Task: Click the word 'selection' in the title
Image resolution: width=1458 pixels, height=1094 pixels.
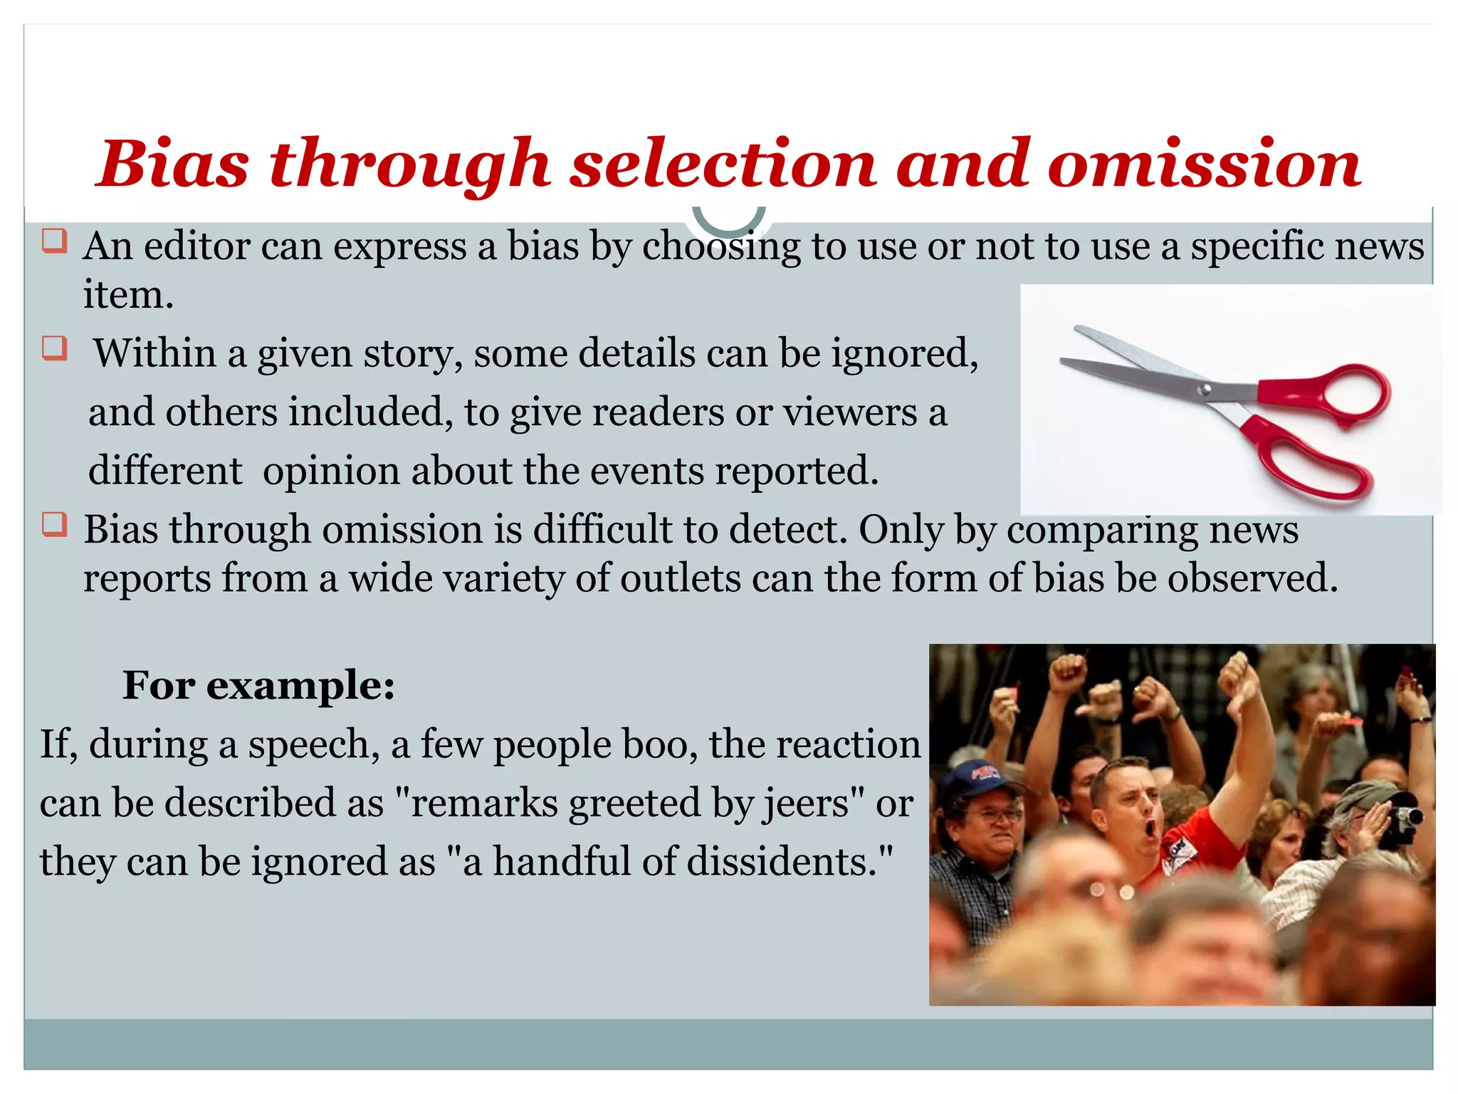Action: click(x=723, y=165)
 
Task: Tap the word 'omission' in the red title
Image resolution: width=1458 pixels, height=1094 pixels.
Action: click(x=1204, y=165)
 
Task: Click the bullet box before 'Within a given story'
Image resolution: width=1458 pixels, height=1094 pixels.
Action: click(x=54, y=348)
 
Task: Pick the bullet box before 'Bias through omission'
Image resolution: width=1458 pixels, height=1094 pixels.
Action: click(x=54, y=524)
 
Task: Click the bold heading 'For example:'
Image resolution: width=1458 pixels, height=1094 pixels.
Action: click(x=258, y=686)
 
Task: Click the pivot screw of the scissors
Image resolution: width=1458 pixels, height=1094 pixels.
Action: click(x=1205, y=389)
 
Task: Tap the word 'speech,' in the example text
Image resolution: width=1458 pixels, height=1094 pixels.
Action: click(x=314, y=745)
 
